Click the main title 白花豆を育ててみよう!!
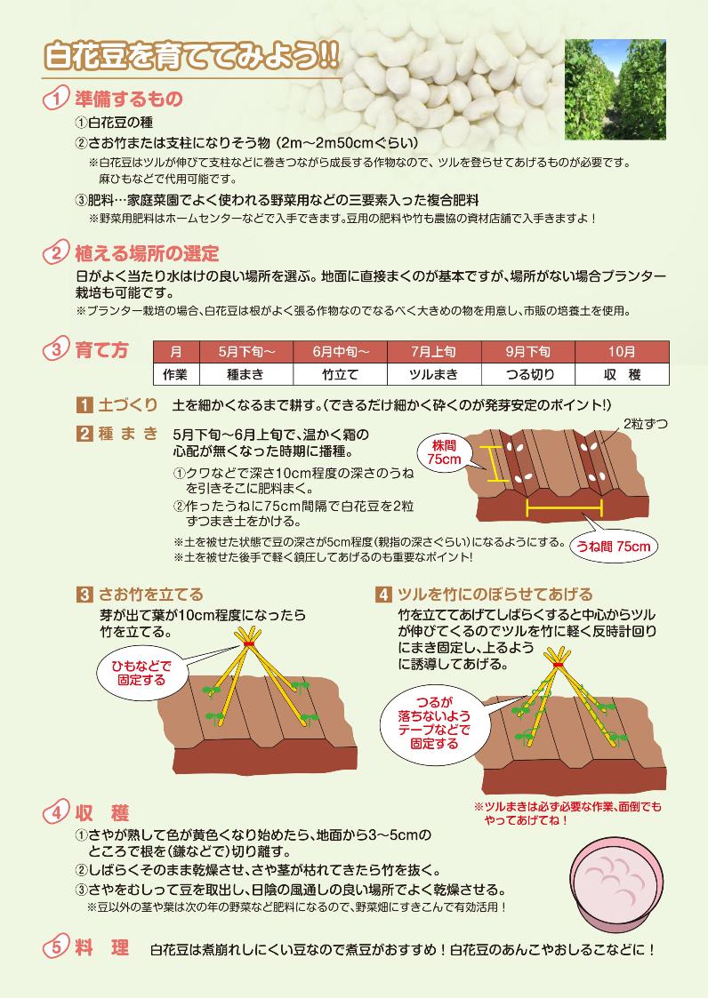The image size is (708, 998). pos(191,57)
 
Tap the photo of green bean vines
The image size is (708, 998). pos(615,89)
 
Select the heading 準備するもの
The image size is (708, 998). pos(129,99)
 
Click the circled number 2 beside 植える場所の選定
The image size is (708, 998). pos(55,253)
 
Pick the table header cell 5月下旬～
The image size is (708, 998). pos(246,351)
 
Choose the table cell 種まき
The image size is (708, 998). pos(246,374)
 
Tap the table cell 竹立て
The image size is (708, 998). pos(341,374)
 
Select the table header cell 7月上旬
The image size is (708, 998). pos(434,351)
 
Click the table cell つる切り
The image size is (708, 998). pos(528,374)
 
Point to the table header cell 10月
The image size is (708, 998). pos(622,351)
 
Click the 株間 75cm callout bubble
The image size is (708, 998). pos(445,453)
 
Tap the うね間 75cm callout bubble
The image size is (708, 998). pos(613,546)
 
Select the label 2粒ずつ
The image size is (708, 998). pos(646,424)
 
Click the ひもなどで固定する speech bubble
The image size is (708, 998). pos(141,673)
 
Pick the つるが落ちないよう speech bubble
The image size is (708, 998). pos(434,723)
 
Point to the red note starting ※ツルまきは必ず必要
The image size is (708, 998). pos(567,813)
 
